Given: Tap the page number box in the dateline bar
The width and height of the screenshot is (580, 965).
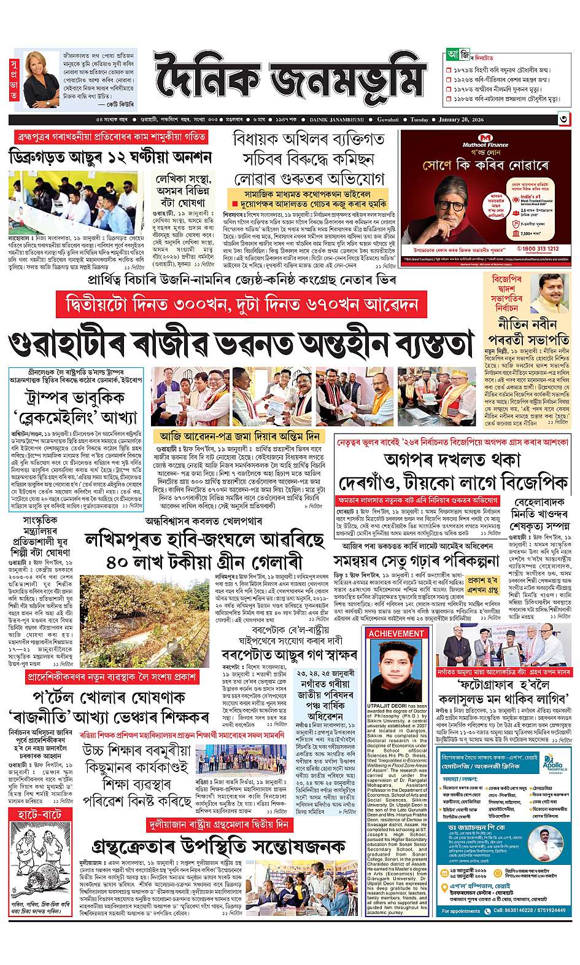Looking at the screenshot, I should point(562,119).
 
